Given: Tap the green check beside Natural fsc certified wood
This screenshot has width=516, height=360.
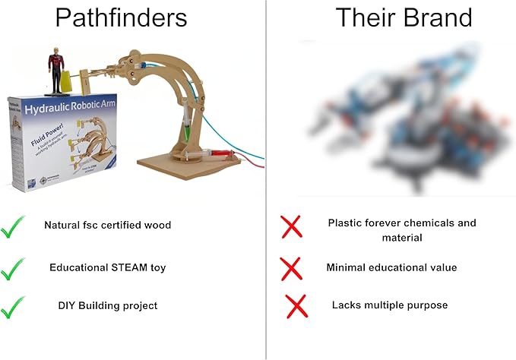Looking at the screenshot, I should [13, 226].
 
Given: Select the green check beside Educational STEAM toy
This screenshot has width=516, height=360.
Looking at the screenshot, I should [13, 267].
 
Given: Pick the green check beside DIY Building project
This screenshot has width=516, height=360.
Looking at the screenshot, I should [13, 306].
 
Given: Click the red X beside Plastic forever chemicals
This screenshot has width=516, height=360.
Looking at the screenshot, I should [291, 226].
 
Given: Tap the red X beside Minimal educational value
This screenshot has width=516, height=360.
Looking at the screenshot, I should [291, 267].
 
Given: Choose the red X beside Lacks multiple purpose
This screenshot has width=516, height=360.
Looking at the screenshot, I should [296, 306].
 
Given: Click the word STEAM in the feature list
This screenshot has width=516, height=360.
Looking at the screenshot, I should [132, 267].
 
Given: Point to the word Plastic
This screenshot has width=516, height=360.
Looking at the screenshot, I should [344, 223].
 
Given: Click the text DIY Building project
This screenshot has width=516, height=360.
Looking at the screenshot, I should [107, 305].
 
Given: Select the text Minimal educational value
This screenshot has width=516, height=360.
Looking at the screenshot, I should [391, 267].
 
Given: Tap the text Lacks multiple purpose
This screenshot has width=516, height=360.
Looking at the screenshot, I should [390, 305].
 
